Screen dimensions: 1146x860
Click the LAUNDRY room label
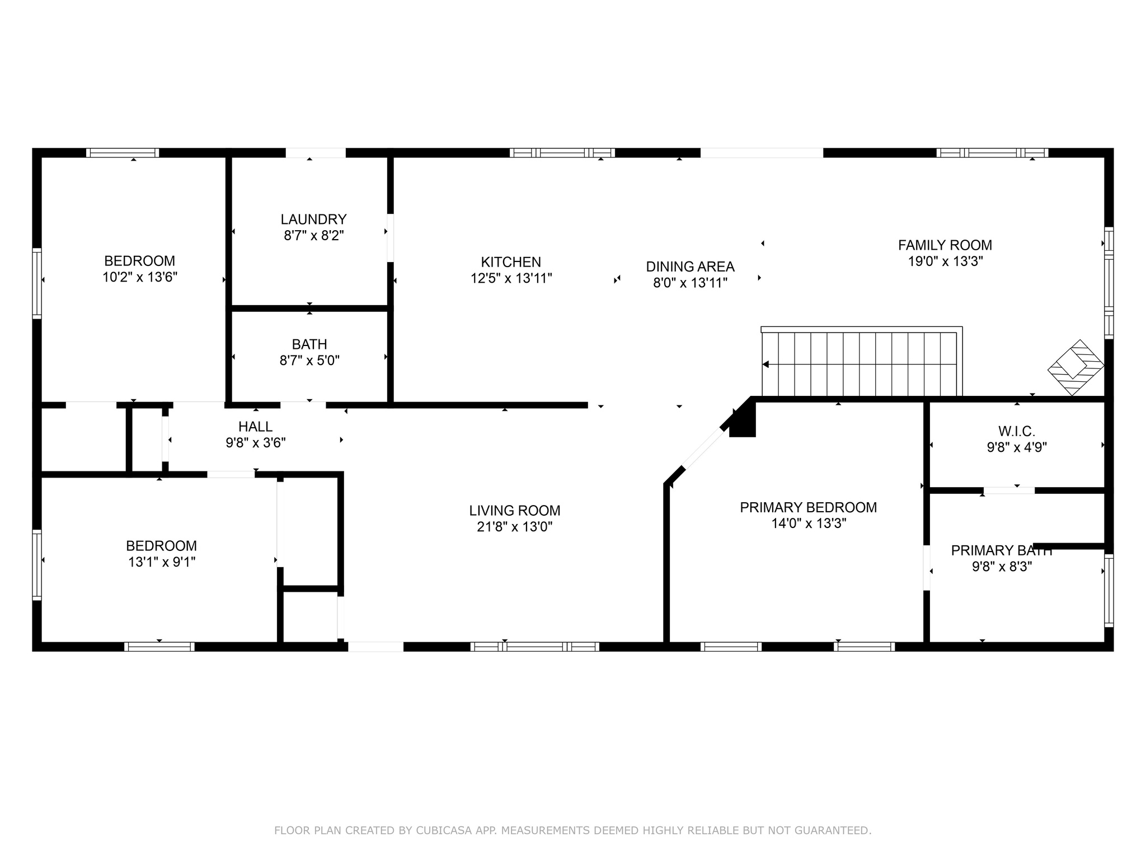(x=313, y=219)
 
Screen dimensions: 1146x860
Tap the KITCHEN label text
(x=511, y=262)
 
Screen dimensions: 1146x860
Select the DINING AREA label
(x=690, y=267)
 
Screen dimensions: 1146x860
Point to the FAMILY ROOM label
(x=945, y=245)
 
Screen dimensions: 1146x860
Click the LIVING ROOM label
(x=515, y=511)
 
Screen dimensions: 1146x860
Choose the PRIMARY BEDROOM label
(x=809, y=507)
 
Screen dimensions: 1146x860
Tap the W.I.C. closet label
(x=1017, y=431)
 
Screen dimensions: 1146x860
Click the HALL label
(x=256, y=427)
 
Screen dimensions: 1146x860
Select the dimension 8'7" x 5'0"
(x=309, y=360)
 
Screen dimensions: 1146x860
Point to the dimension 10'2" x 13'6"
(x=140, y=277)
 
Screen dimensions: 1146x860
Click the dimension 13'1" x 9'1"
(x=162, y=562)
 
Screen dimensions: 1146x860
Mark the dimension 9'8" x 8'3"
(x=1002, y=566)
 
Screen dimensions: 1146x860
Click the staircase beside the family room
(x=862, y=362)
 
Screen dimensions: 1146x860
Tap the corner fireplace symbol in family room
(x=1075, y=367)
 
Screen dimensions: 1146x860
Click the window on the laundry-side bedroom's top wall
(x=123, y=153)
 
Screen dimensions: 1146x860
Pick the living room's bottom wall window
(x=535, y=647)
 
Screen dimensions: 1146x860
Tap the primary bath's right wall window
(x=1109, y=591)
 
